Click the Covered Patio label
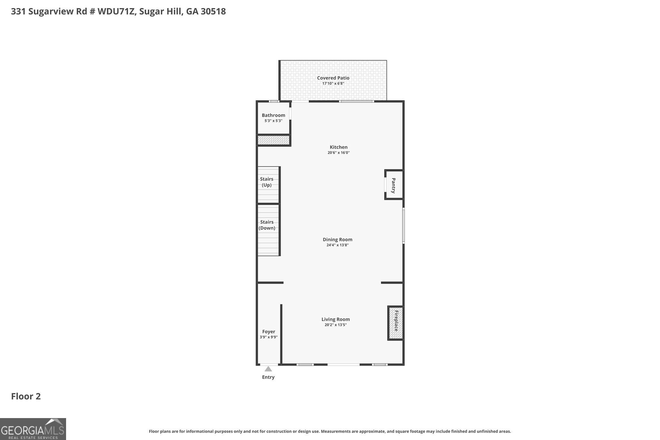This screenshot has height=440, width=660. (333, 78)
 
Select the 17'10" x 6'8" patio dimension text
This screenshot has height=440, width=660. (333, 83)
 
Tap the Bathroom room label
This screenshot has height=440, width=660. (273, 115)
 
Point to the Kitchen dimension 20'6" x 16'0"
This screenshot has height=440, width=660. (338, 153)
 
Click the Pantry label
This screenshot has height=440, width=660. (393, 185)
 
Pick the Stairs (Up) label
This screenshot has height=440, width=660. (267, 182)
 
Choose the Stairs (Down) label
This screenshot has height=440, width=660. (267, 225)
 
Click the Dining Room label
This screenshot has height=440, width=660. (337, 240)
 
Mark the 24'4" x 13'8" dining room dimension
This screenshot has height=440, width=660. (337, 245)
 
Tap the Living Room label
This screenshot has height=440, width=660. (335, 319)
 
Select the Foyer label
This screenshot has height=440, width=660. (268, 331)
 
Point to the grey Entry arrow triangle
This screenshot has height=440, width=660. (268, 369)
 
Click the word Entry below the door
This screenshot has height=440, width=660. (268, 377)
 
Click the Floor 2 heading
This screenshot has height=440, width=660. (26, 396)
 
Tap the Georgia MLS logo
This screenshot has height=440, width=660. (33, 429)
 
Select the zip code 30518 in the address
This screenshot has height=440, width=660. (213, 11)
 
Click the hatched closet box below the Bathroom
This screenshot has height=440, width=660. (273, 140)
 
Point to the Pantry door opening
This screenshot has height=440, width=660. (385, 184)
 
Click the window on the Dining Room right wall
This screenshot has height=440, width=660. (403, 225)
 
